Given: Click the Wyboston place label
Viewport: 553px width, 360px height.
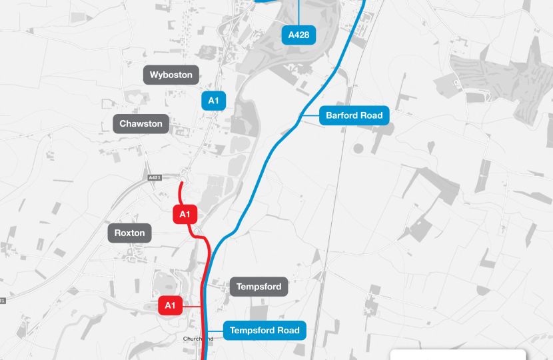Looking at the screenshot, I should coord(171,75).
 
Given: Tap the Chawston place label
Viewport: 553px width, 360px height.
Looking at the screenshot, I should coord(141,124).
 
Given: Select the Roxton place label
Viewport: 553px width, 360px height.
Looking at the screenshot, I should coord(130,233).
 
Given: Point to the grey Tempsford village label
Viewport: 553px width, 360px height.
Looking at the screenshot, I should coord(259,287).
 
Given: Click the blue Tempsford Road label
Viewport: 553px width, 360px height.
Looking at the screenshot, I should coord(265,331).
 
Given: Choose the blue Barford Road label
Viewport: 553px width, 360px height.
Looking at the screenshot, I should coord(354,115).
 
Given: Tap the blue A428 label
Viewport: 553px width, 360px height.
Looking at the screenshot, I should coord(298,35).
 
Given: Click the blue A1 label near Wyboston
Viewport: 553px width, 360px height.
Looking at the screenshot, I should coord(213,101).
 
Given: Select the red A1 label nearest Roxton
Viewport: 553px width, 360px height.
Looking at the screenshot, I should coord(185,214).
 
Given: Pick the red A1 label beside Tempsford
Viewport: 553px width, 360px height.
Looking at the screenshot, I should coord(170,306).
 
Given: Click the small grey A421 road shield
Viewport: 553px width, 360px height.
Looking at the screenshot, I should coord(155,177).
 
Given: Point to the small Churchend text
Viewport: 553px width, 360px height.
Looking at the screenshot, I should coord(198,339).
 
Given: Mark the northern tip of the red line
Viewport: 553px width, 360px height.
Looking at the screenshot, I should coord(182,183).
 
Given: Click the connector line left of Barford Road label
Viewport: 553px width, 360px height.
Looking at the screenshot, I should coord(310,116).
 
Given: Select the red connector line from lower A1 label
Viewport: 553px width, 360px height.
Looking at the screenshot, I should coord(192,306).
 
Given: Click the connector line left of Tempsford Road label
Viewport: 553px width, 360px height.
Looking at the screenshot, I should coord(215,331).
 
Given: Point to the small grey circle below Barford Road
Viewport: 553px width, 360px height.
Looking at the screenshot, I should coord(360,147).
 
